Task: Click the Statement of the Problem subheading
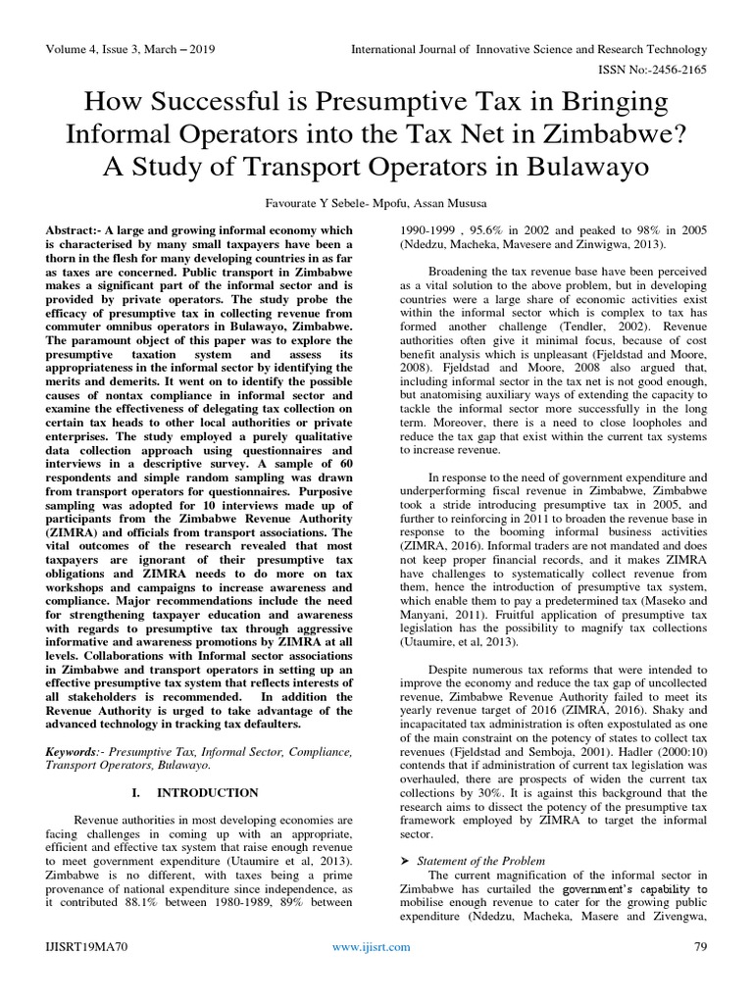pos(475,860)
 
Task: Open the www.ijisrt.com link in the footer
pos(371,946)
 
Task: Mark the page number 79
pos(700,946)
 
